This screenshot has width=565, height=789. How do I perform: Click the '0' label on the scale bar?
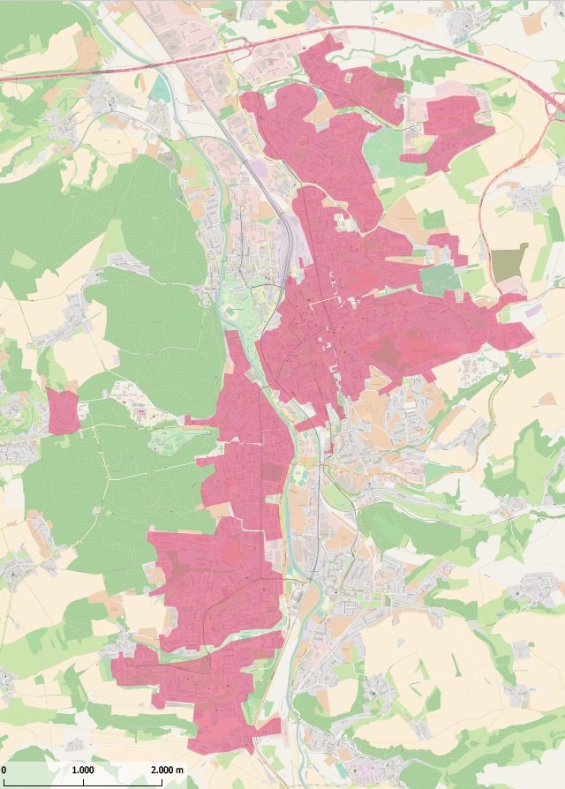pos(4,770)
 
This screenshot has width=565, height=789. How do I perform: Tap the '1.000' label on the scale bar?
pos(84,770)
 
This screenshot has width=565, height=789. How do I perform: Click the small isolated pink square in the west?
pos(63,411)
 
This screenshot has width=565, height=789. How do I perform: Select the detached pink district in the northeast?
pos(454,129)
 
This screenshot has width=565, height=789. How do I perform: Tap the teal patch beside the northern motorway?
pos(158,87)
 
